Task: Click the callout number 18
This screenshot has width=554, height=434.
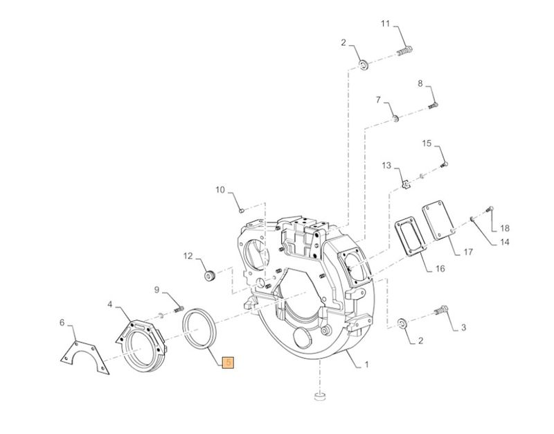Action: click(x=505, y=228)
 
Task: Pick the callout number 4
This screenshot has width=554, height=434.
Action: click(x=110, y=304)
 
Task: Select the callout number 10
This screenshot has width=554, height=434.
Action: click(x=220, y=189)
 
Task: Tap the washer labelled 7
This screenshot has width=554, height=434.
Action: click(x=394, y=119)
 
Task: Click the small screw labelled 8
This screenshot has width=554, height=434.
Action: click(x=433, y=105)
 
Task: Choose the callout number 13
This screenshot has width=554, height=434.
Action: click(x=386, y=166)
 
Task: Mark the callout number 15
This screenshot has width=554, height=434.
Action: click(x=427, y=144)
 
